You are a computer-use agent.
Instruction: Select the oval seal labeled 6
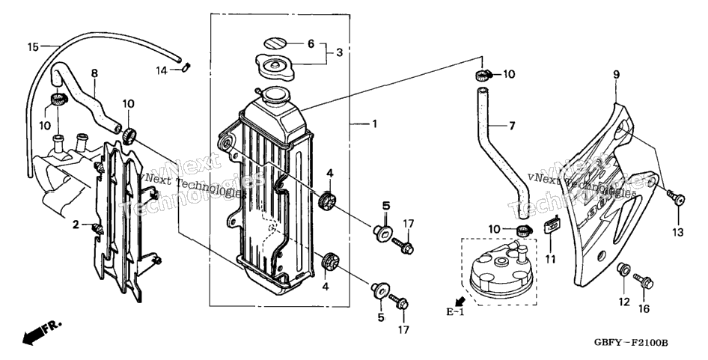[275, 43]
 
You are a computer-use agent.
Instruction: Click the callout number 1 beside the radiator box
[374, 123]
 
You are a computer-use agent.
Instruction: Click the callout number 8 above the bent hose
[94, 73]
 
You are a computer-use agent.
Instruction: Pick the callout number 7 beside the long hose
[512, 126]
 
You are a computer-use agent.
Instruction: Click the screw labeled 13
[677, 198]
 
